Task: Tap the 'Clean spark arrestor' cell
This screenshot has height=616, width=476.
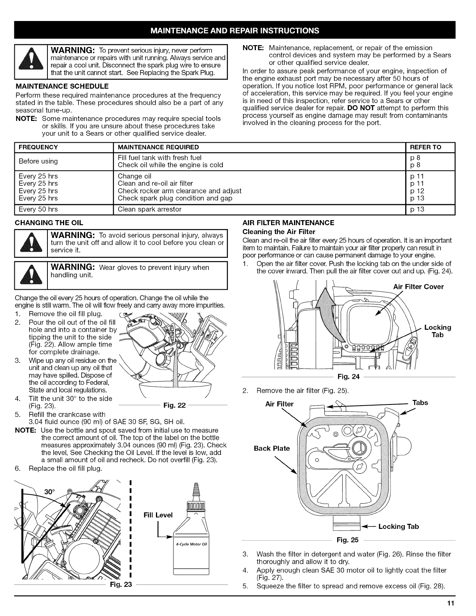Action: click(150, 210)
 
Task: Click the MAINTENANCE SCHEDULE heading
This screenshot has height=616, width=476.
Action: click(62, 86)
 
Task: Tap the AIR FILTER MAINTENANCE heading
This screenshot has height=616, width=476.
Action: click(288, 223)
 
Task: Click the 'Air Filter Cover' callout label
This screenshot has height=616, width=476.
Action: click(418, 287)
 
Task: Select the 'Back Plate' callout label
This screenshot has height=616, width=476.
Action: click(272, 448)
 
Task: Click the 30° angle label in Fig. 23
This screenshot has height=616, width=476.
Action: click(49, 491)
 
